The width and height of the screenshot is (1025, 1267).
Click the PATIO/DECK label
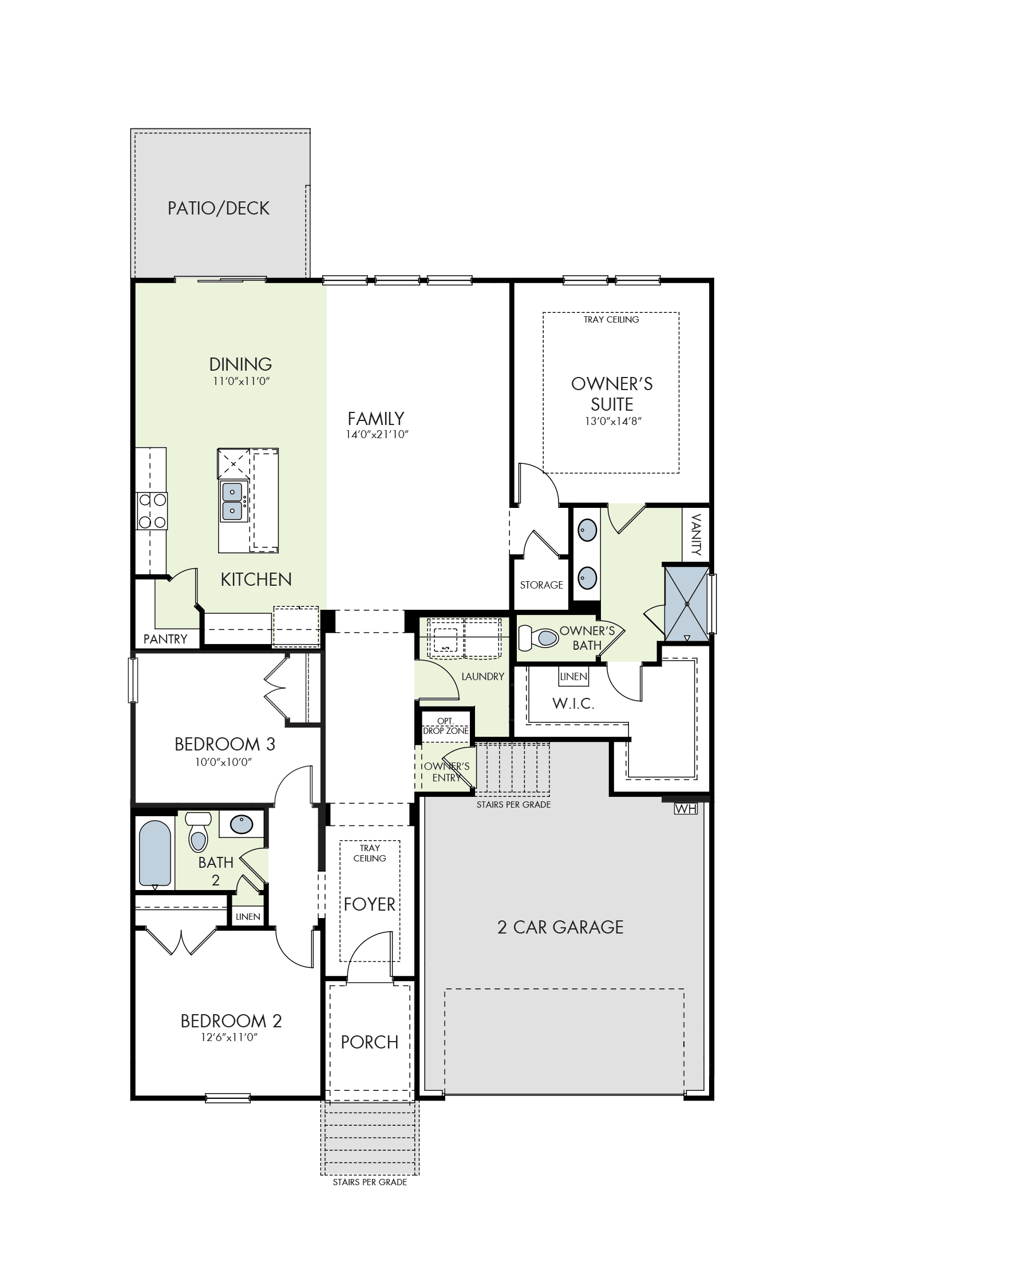click(x=219, y=208)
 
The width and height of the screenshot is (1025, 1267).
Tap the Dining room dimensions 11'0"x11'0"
click(x=241, y=381)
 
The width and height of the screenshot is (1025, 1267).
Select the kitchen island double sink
click(x=232, y=501)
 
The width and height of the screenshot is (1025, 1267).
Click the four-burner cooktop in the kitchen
click(x=152, y=511)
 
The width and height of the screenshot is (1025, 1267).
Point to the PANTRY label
click(x=165, y=639)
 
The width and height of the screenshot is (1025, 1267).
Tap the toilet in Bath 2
click(x=199, y=832)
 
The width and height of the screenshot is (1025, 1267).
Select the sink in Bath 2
click(x=242, y=824)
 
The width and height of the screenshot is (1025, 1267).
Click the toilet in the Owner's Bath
click(x=538, y=637)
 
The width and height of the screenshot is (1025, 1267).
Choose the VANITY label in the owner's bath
click(x=696, y=535)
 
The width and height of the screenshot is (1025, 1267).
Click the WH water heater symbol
click(x=686, y=808)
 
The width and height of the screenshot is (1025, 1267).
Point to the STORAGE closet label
click(x=541, y=585)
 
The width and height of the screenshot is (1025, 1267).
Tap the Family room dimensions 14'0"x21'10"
click(x=377, y=435)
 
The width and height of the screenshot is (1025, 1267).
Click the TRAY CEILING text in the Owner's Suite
click(x=611, y=319)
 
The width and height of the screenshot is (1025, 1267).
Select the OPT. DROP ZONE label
click(x=446, y=726)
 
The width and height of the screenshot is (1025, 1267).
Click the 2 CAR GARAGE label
click(x=560, y=927)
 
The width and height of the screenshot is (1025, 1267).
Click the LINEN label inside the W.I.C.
click(x=573, y=676)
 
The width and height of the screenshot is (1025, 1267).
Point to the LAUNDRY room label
click(x=483, y=676)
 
